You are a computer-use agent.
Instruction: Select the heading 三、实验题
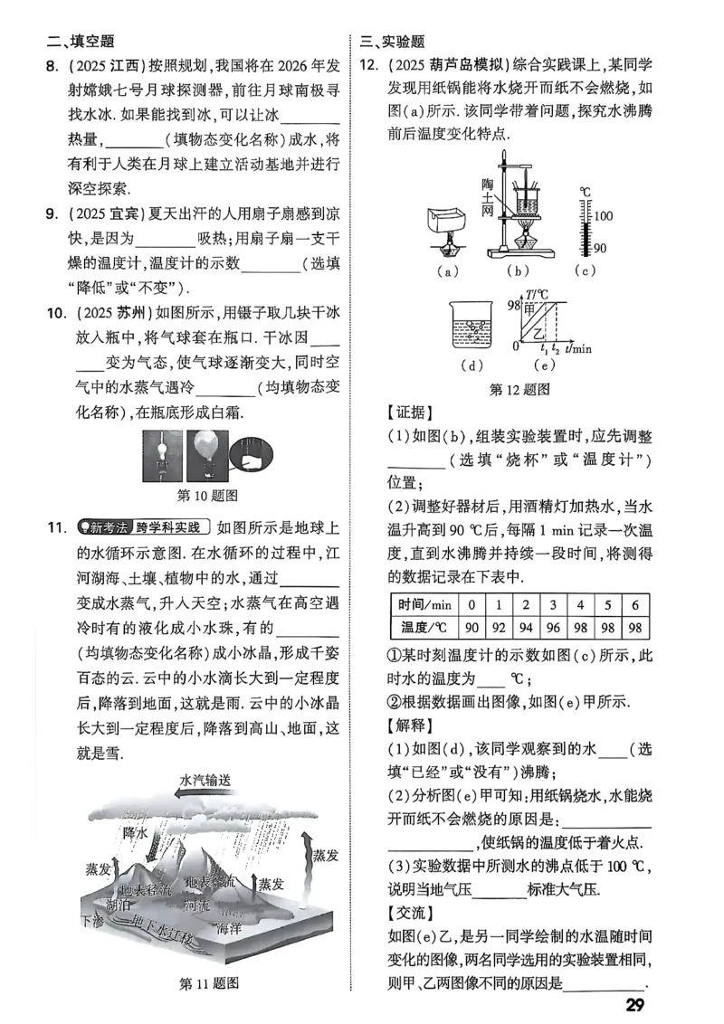point(392,41)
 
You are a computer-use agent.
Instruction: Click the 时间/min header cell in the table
point(421,604)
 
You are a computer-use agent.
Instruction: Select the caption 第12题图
point(519,389)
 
